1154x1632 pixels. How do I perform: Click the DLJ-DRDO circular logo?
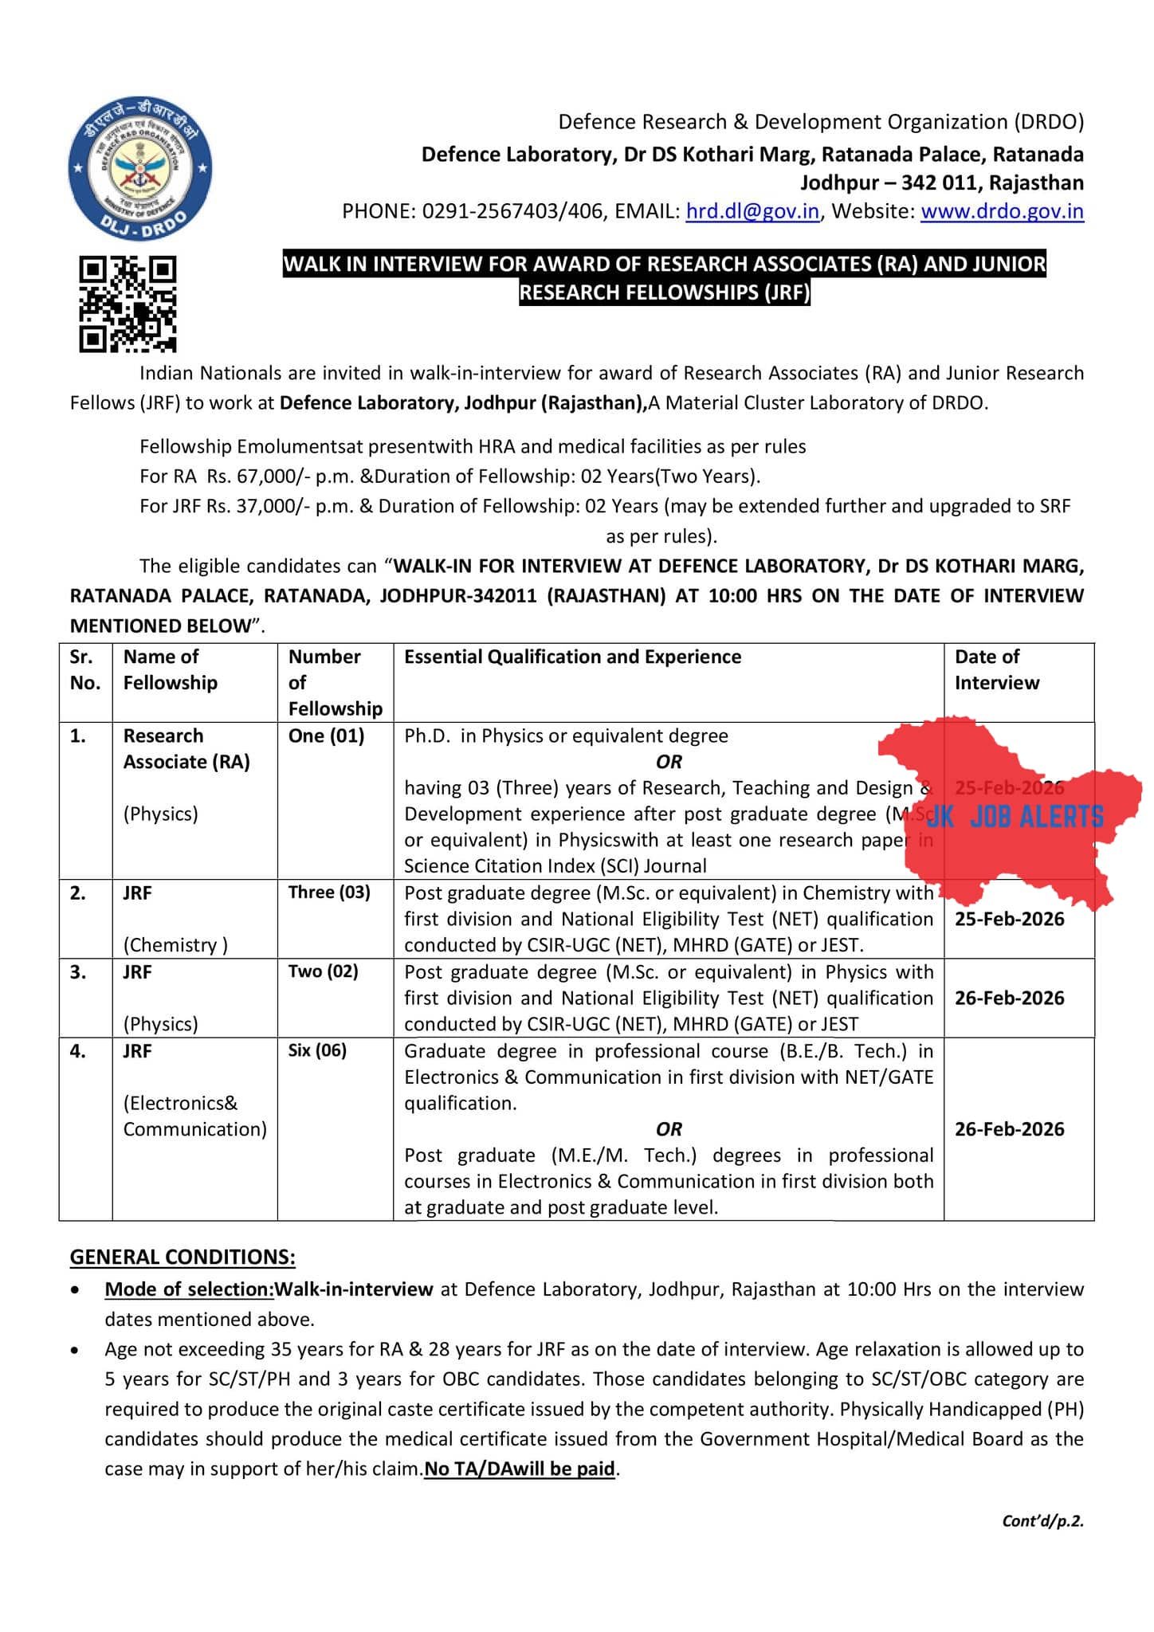coord(140,170)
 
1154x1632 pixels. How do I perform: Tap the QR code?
coord(128,304)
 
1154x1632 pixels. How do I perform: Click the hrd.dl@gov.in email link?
coord(752,211)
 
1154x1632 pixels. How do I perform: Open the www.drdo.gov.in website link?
coord(1002,211)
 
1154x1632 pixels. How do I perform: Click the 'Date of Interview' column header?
coord(996,669)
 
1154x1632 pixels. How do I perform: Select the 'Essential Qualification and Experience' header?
coord(572,657)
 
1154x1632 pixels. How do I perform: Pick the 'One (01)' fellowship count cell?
coord(326,736)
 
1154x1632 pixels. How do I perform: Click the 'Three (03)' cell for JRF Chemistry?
coord(329,892)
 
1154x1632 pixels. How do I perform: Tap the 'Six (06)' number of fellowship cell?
coord(317,1050)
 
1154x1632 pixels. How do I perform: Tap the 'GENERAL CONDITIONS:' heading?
coord(183,1257)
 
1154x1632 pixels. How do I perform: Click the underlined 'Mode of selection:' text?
coord(189,1289)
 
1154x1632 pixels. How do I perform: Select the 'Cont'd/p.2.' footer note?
coord(1042,1521)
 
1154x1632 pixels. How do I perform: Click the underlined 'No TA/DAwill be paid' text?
coord(520,1469)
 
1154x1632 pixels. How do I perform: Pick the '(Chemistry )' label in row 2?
coord(175,945)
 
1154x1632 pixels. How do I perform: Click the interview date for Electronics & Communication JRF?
coord(1009,1129)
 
